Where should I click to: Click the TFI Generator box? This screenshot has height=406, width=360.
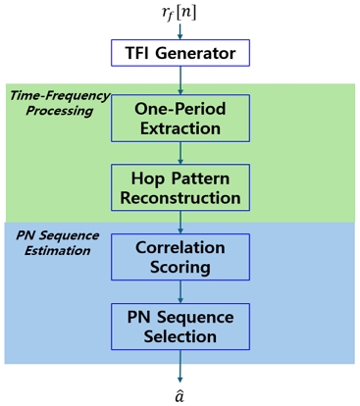tap(180, 51)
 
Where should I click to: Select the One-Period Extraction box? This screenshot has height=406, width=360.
tap(180, 117)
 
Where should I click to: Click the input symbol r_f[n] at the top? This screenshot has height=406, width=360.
tap(180, 13)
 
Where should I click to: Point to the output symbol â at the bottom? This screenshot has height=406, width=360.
tap(180, 395)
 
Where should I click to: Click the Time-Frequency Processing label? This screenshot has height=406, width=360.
tap(54, 101)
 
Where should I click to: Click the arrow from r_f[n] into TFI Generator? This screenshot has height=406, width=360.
tap(180, 30)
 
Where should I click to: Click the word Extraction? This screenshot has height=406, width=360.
tap(180, 128)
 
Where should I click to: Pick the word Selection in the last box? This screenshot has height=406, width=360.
tap(180, 336)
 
